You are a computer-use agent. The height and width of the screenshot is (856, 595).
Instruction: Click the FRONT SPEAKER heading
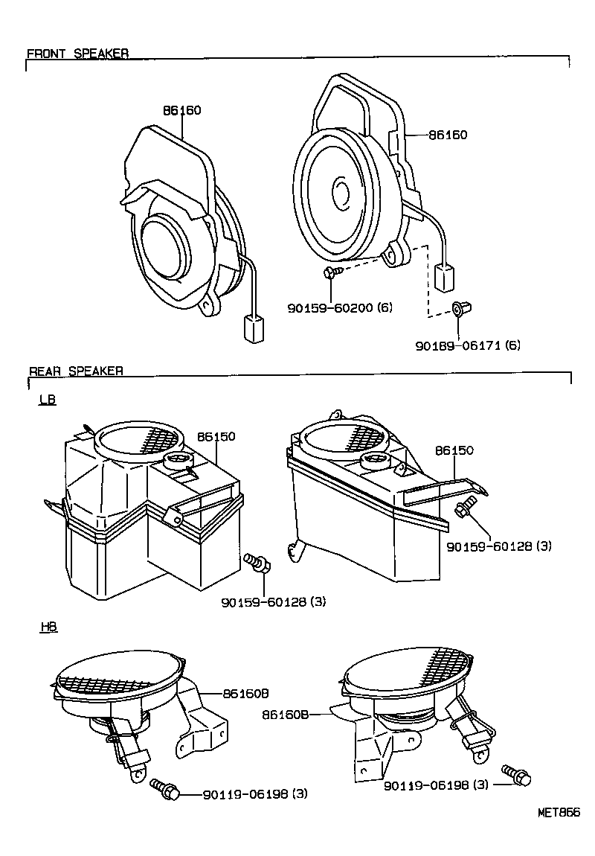[77, 54]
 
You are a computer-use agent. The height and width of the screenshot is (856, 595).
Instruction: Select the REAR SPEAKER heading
[76, 371]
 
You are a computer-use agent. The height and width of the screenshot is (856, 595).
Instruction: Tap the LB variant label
[48, 400]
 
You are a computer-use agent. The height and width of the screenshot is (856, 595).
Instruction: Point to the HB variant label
[48, 627]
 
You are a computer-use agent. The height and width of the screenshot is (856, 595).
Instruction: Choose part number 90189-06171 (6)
[468, 345]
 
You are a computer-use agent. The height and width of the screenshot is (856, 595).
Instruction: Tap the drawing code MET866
[559, 812]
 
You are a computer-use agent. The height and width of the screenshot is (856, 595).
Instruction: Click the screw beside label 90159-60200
[332, 273]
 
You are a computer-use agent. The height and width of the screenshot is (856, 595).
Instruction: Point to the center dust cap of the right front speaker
[341, 191]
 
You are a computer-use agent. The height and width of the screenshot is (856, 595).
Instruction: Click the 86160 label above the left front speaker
[182, 110]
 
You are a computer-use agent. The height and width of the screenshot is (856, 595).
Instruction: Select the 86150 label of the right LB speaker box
[454, 450]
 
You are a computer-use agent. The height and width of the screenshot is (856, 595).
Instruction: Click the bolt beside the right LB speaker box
[463, 509]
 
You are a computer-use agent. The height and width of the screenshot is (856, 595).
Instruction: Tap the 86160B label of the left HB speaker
[245, 693]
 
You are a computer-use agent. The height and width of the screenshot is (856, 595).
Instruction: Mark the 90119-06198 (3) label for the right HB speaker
[436, 785]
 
